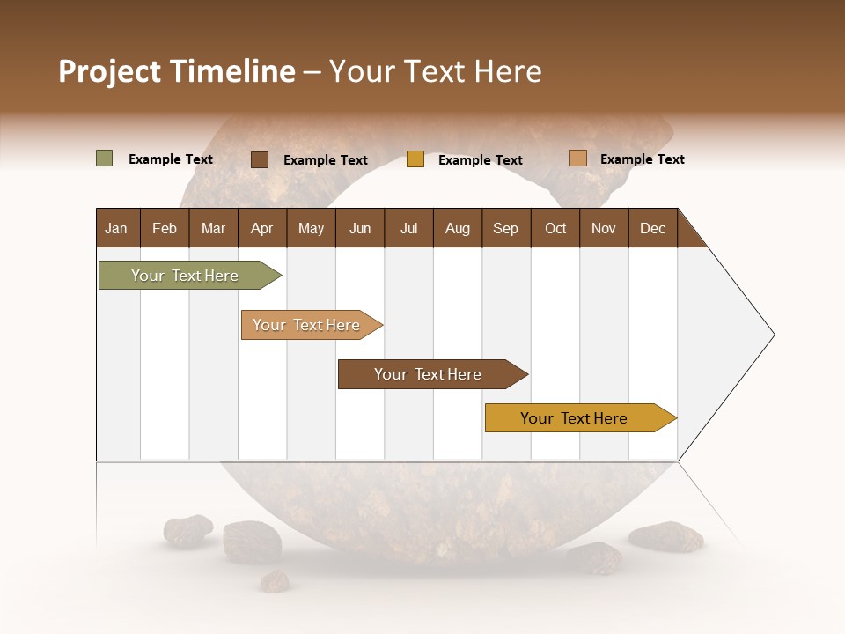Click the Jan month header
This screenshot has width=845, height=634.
(116, 228)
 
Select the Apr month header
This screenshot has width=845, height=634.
(261, 228)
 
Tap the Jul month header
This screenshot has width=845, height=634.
(408, 228)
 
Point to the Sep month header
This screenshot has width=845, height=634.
(505, 228)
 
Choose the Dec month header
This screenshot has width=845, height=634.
(652, 228)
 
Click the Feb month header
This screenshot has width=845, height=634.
(165, 228)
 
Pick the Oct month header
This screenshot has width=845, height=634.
(555, 228)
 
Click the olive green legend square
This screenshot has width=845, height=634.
(105, 158)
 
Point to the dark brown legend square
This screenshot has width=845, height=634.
(260, 159)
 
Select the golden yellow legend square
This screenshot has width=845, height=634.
(415, 159)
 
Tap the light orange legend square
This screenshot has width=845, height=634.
(577, 158)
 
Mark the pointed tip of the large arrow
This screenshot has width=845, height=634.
(773, 335)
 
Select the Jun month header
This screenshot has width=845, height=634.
(360, 228)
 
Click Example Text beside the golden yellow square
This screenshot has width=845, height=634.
(480, 160)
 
